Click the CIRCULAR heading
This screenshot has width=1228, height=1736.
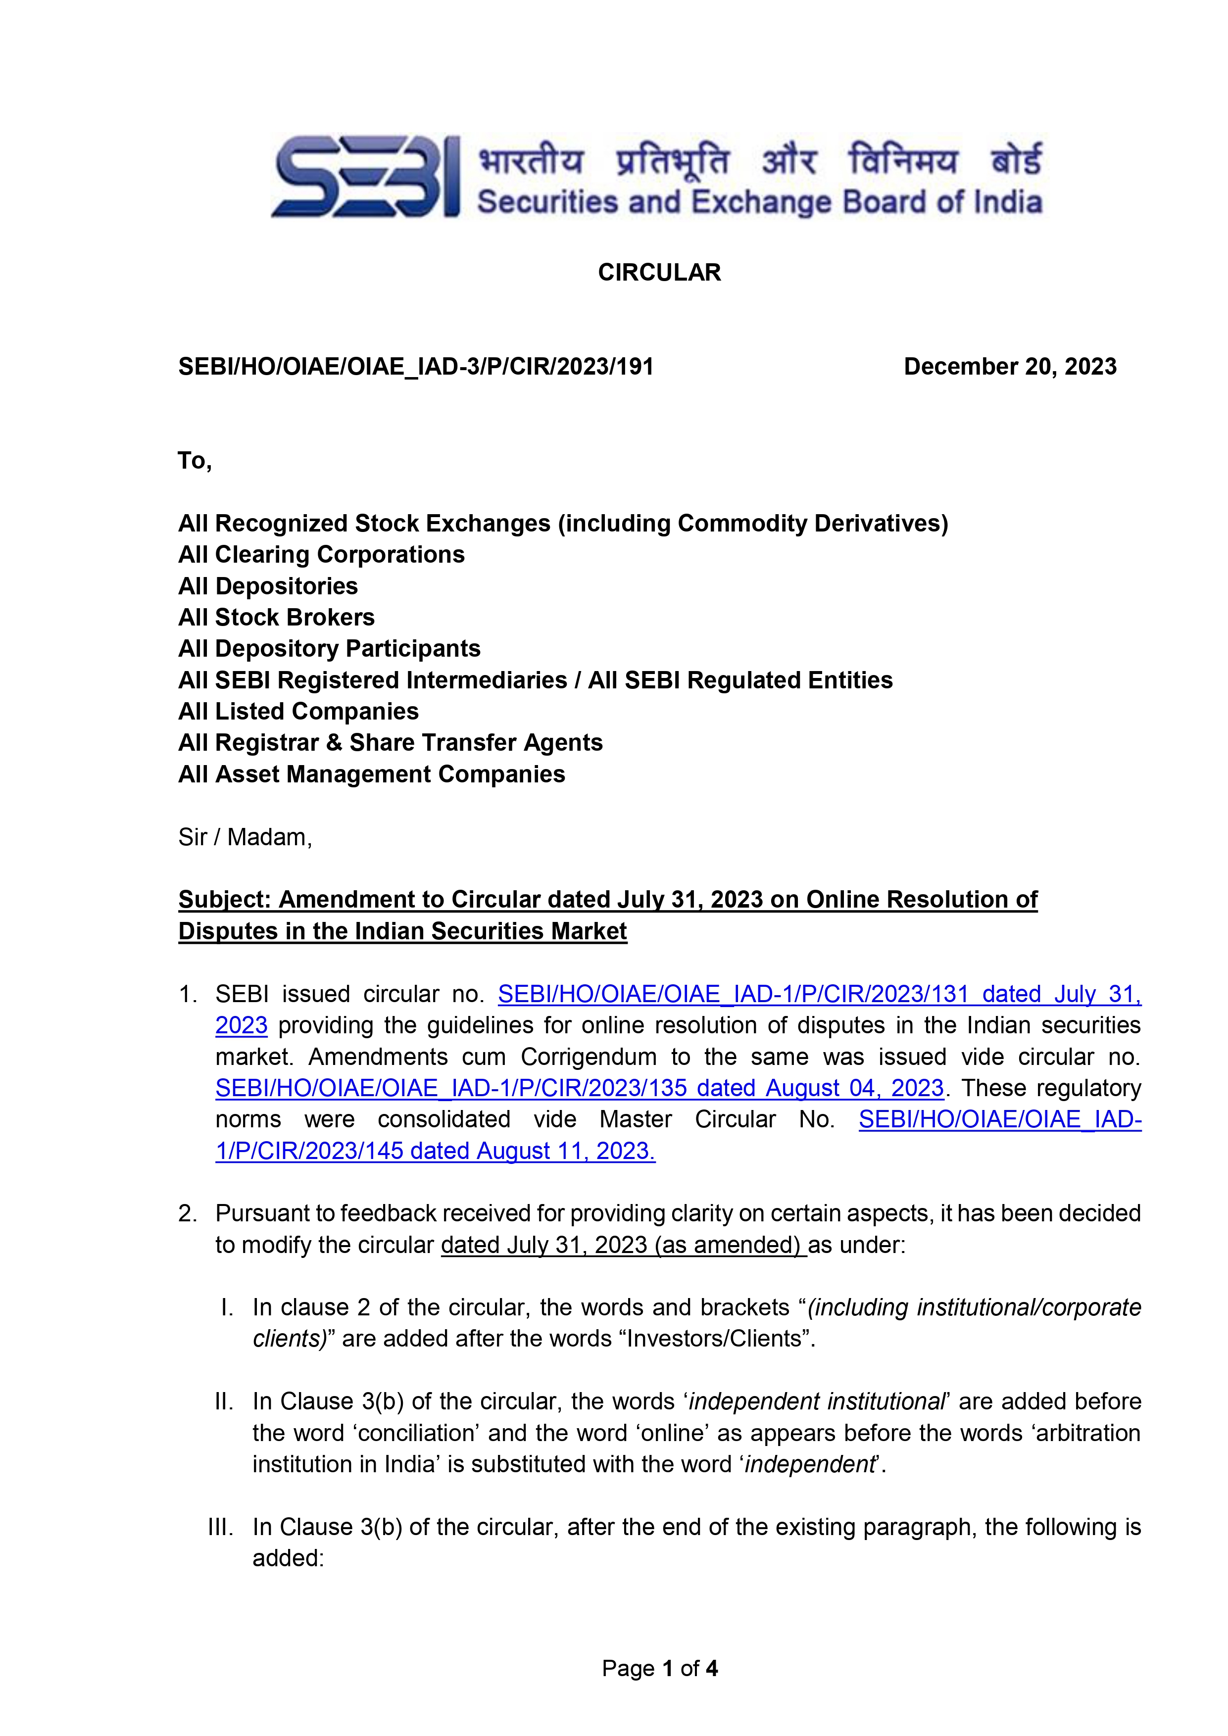659,272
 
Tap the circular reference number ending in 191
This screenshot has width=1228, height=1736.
415,367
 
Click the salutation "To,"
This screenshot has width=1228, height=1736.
195,460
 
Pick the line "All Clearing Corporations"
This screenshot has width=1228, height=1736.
321,554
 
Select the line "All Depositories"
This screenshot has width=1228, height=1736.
268,586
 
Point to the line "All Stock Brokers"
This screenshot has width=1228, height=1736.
276,617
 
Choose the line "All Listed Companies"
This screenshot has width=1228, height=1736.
298,712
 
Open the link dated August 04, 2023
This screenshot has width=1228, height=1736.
579,1088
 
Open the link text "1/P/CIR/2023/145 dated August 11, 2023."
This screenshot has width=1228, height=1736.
435,1151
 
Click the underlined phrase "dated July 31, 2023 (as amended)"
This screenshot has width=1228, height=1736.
623,1245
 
